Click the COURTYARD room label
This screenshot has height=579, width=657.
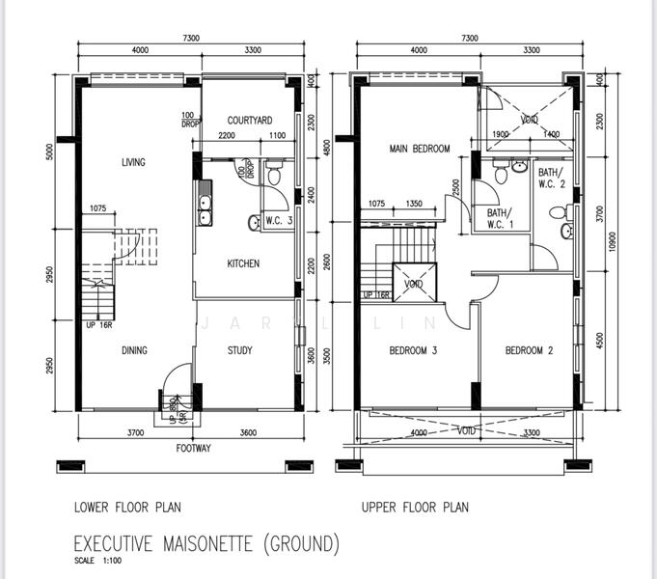[250, 121]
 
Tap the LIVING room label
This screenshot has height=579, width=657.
[133, 162]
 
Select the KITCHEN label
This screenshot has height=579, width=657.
[243, 263]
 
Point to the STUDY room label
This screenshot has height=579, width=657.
[239, 350]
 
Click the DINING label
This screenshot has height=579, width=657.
[134, 350]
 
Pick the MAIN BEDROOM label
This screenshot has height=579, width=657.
[420, 149]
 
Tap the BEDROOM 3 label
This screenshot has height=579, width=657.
[413, 350]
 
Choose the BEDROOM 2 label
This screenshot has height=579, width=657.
[529, 350]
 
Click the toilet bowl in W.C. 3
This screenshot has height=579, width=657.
[274, 175]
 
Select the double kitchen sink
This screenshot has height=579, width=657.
[205, 204]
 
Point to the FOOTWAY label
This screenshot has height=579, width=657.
[193, 448]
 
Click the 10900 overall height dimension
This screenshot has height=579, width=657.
[613, 242]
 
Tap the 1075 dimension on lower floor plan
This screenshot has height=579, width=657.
[98, 207]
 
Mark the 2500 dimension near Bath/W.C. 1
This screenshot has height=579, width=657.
[456, 187]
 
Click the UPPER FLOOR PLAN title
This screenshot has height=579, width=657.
[415, 508]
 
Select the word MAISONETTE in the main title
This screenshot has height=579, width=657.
[207, 543]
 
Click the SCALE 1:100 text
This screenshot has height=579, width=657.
[98, 561]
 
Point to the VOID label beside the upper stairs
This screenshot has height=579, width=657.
[414, 284]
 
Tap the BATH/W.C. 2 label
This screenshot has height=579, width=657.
[552, 178]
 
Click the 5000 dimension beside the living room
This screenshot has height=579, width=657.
[50, 152]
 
